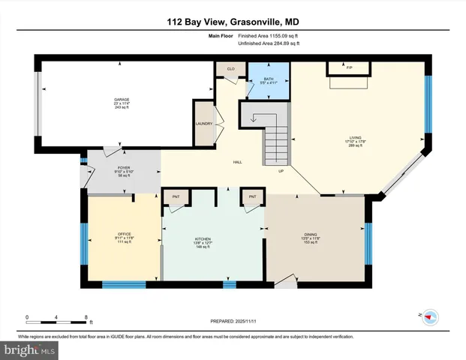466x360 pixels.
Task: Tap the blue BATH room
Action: click(x=268, y=82)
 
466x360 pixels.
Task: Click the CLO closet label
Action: click(x=230, y=69)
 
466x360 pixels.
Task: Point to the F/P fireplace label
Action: click(x=349, y=67)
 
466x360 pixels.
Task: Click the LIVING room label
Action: click(x=355, y=138)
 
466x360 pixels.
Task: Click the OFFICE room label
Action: click(x=125, y=235)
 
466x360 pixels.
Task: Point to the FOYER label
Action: click(x=124, y=167)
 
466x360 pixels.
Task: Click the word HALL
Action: click(x=237, y=162)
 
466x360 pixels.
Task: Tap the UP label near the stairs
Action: click(x=281, y=170)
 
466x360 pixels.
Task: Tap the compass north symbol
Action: click(x=430, y=316)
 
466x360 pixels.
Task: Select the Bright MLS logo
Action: click(x=30, y=349)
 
